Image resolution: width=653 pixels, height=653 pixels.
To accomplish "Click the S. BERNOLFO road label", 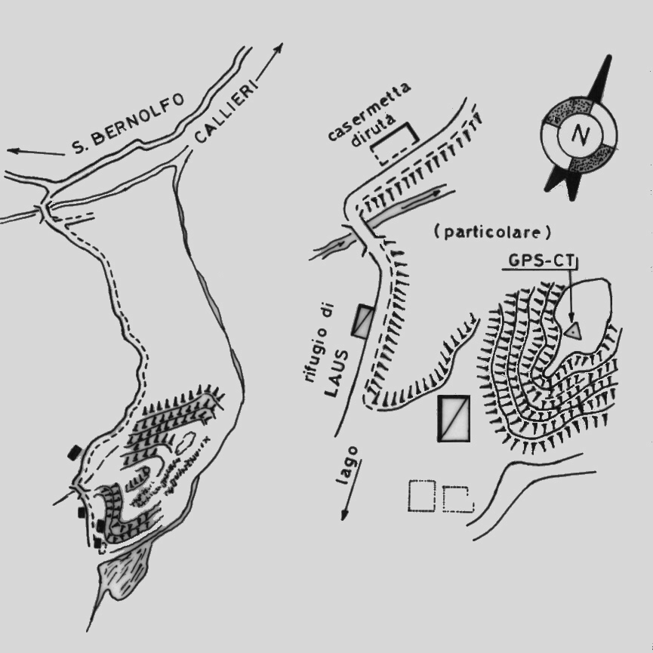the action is (x=128, y=124).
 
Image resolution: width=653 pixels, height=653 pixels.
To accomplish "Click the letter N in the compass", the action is (x=580, y=134).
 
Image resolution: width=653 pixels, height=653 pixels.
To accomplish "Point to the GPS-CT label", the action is (x=541, y=260).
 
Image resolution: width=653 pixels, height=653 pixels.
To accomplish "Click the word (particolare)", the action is (x=492, y=232).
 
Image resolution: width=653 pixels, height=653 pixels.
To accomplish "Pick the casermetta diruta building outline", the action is (x=394, y=143).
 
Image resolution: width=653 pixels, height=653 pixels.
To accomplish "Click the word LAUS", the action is (x=336, y=373).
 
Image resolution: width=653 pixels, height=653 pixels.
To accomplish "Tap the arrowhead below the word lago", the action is (x=344, y=515).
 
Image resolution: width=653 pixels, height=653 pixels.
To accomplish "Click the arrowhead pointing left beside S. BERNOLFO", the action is (x=14, y=151).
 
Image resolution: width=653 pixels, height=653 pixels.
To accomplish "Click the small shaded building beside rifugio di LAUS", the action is (x=362, y=321).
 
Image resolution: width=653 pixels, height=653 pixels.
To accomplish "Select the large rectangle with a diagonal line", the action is (x=454, y=418).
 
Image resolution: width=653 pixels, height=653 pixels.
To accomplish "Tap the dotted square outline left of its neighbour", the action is (x=421, y=495).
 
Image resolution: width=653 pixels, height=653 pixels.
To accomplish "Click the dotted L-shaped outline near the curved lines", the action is (x=458, y=499).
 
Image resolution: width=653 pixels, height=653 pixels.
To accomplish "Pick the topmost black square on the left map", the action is (x=75, y=452).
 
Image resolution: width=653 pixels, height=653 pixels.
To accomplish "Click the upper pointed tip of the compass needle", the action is (x=610, y=55).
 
